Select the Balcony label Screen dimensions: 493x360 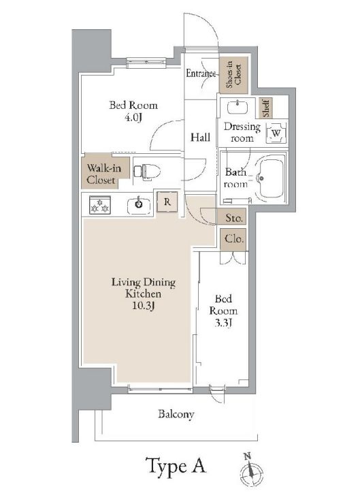pyautogui.click(x=176, y=413)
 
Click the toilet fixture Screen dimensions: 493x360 pyautogui.click(x=146, y=171)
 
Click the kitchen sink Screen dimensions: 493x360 pyautogui.click(x=140, y=203)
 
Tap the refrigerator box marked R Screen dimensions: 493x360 pyautogui.click(x=166, y=202)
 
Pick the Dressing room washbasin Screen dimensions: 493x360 pyautogui.click(x=238, y=108)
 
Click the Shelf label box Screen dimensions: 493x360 pyautogui.click(x=267, y=108)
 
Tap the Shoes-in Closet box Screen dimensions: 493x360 pyautogui.click(x=233, y=74)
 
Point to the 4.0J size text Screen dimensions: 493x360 pyautogui.click(x=133, y=117)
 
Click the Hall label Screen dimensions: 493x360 pyautogui.click(x=199, y=137)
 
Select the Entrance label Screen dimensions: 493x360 pyautogui.click(x=201, y=74)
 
